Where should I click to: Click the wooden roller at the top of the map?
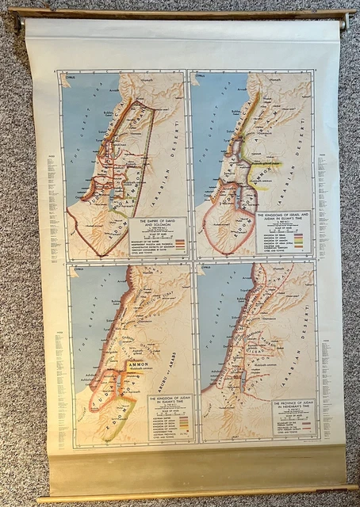click(179, 13)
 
